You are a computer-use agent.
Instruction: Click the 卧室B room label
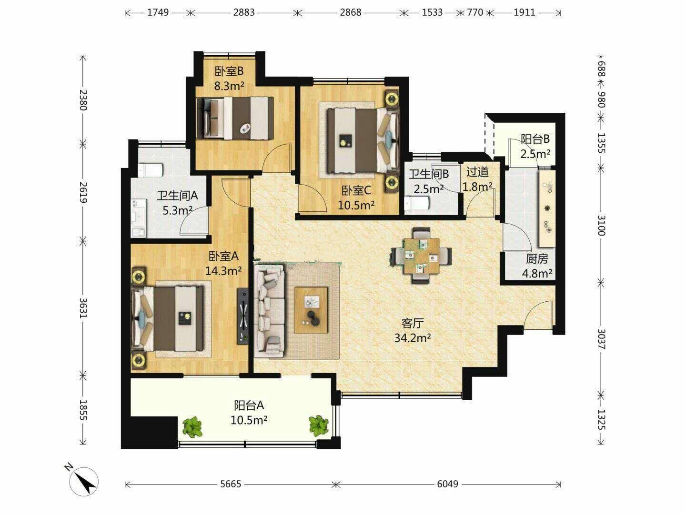[x=229, y=71]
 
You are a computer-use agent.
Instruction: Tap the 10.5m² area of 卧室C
[x=356, y=205]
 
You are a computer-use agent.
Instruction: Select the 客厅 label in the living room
[x=413, y=323]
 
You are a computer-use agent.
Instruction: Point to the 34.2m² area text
[x=413, y=338]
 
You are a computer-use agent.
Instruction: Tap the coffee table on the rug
[x=311, y=310]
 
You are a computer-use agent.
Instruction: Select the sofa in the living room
[x=270, y=311]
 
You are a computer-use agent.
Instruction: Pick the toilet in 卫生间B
[x=417, y=203]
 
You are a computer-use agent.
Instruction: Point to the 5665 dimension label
[x=231, y=484]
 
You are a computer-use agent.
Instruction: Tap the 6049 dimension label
[x=447, y=484]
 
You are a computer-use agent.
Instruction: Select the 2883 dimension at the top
[x=244, y=12]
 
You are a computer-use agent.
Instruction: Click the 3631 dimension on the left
[x=83, y=308]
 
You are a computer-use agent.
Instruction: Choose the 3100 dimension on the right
[x=601, y=225]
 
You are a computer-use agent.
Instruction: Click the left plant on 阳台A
[x=192, y=426]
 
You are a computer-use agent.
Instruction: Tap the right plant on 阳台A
[x=319, y=425]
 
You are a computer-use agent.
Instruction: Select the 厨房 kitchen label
[x=537, y=259]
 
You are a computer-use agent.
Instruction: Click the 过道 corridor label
[x=477, y=172]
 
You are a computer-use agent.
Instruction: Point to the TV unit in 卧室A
[x=243, y=316]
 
